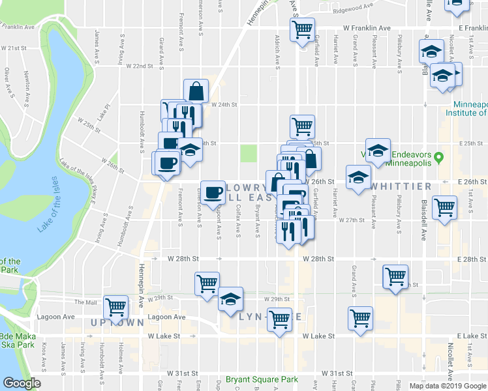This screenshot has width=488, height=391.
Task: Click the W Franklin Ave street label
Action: point(367,29)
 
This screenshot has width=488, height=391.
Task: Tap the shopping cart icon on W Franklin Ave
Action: point(302,29)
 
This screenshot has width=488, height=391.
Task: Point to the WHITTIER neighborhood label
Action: point(401,186)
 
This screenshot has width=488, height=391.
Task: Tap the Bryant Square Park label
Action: point(262,379)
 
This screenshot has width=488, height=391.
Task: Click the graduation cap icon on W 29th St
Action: point(230,299)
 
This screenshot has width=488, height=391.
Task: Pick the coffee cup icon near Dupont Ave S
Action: point(213,192)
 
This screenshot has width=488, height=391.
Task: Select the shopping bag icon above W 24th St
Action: point(196,91)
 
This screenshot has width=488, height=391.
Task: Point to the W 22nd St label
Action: point(139,66)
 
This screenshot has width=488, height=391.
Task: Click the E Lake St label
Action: point(468,335)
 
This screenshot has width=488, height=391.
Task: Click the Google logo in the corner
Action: point(22,383)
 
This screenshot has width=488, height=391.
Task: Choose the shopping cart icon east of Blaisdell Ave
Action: point(444,208)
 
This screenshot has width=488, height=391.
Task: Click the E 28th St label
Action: point(468,259)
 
